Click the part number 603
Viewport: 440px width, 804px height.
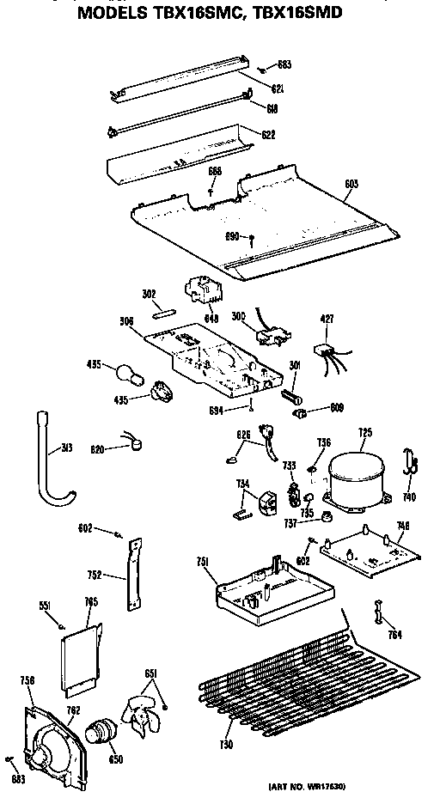click(350, 184)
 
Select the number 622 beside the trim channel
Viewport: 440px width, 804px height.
click(268, 135)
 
